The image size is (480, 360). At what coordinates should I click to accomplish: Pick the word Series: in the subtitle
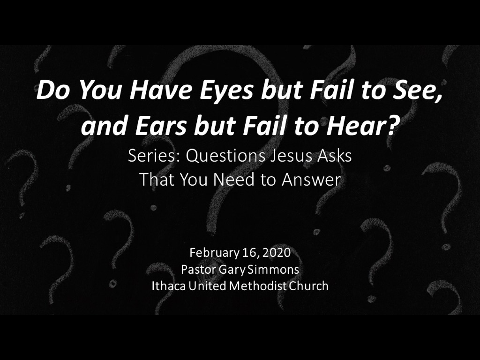pyautogui.click(x=154, y=156)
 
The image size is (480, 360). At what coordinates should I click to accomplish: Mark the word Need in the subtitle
pyautogui.click(x=235, y=180)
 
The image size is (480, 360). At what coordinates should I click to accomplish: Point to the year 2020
pyautogui.click(x=277, y=253)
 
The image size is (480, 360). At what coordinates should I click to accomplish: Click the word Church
pyautogui.click(x=308, y=286)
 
